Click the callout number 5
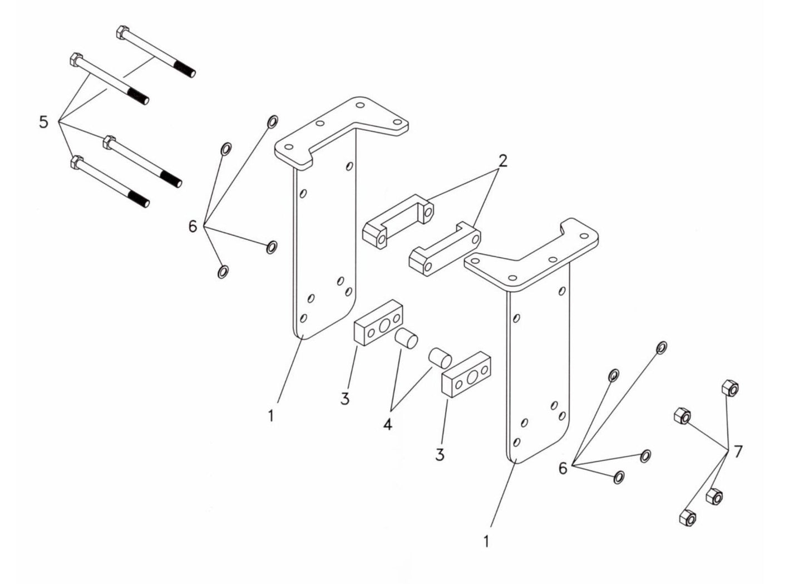click(44, 121)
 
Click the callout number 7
click(738, 452)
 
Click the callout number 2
click(502, 161)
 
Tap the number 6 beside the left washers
click(193, 227)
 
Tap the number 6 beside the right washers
click(563, 468)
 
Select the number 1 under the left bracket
click(270, 415)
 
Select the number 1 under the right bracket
click(486, 541)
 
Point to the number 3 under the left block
click(345, 399)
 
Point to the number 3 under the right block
click(440, 455)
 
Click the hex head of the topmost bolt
click(123, 32)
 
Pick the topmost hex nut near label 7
click(729, 387)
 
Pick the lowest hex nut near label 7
click(688, 518)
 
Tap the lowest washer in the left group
click(223, 272)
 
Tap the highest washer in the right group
click(662, 348)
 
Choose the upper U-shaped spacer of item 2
click(399, 220)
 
